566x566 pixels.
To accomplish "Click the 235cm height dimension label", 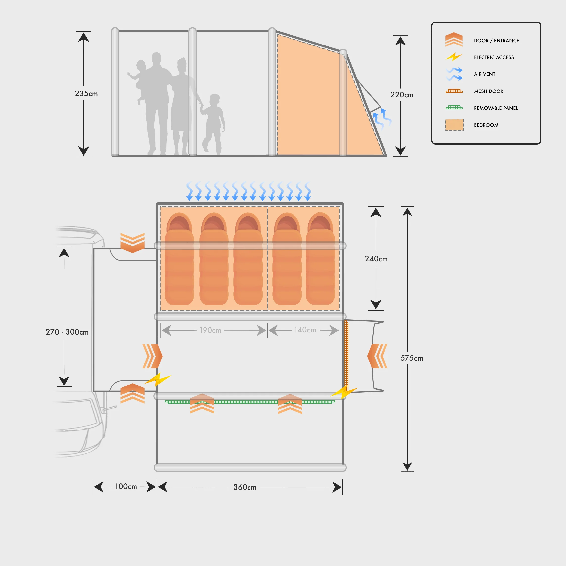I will pos(86,94).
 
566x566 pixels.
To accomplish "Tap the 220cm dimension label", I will pos(402,95).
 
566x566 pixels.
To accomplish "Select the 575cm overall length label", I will pos(412,358).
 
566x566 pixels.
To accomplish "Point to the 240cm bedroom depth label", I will pos(376,259).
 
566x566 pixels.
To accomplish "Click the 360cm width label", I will pos(245,487).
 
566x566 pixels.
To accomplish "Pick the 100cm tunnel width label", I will pos(126,487).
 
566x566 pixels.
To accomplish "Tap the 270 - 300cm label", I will pos(67,332).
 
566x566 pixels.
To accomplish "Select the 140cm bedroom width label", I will pos(305,330).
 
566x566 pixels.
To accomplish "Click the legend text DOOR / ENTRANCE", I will pos(496,41).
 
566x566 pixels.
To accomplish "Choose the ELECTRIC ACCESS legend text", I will pos(494,57).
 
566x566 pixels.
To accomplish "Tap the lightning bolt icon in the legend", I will pos(453,57).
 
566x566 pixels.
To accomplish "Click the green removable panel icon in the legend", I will pos(454,108).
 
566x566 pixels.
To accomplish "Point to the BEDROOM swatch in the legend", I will pos(454,125).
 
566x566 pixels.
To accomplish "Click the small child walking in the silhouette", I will pos(214,123).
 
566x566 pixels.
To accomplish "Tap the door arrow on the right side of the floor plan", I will pos(377,356).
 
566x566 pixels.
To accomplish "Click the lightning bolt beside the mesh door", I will pos(344,392).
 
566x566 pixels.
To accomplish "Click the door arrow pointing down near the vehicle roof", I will pos(133,243).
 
